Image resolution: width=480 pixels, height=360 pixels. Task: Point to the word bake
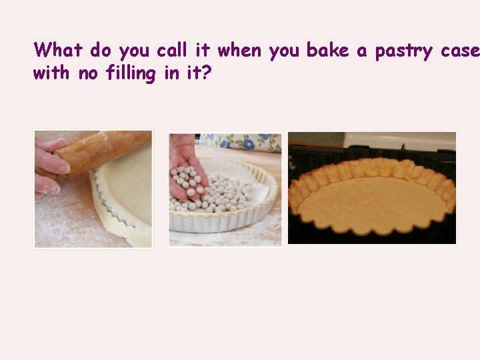[327, 51]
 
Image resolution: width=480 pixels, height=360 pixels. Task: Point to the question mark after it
[207, 73]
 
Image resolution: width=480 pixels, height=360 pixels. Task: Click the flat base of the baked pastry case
[373, 203]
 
